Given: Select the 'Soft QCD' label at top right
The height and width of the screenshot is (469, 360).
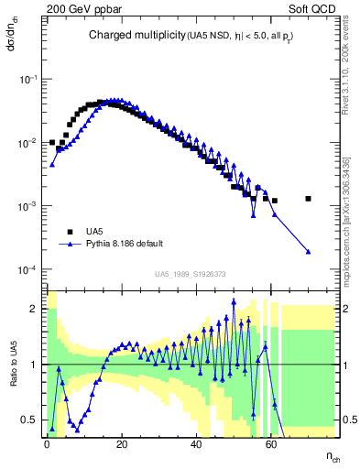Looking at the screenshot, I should pyautogui.click(x=311, y=8).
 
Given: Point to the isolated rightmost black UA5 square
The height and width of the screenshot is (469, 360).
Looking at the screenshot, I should pyautogui.click(x=309, y=198).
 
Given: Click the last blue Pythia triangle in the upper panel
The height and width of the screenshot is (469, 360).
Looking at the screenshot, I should pyautogui.click(x=309, y=252).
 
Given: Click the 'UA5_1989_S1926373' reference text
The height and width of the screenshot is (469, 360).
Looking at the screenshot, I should pyautogui.click(x=190, y=274).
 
